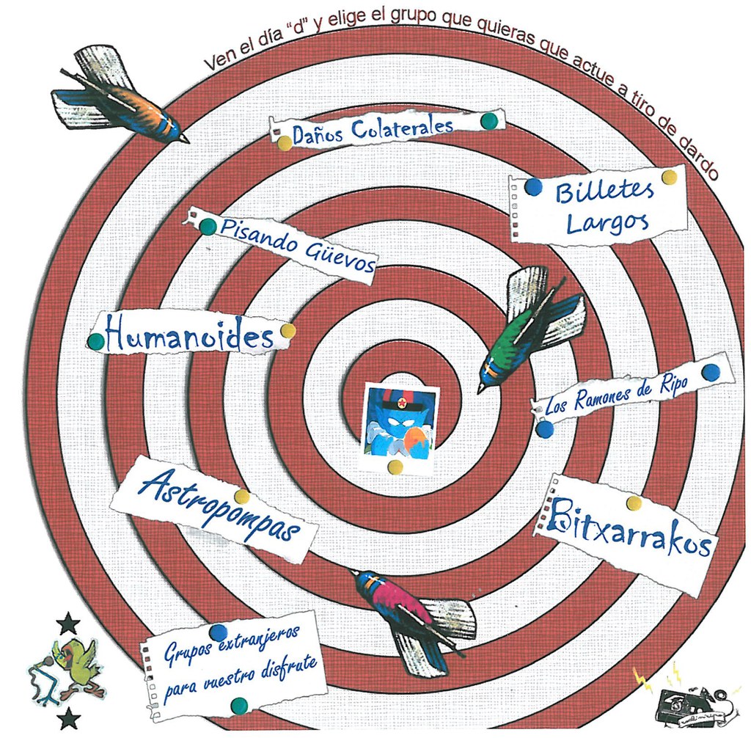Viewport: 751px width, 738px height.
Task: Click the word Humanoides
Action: click(189, 338)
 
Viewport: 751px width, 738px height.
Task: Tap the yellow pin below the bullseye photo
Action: click(395, 467)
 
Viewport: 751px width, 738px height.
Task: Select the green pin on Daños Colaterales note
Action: click(488, 121)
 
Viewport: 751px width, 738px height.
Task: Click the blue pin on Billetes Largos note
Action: click(533, 187)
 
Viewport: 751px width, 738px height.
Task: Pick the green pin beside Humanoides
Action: click(95, 341)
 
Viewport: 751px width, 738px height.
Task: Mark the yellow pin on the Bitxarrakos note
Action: click(634, 503)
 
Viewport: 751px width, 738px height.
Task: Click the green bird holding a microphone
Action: click(78, 665)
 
